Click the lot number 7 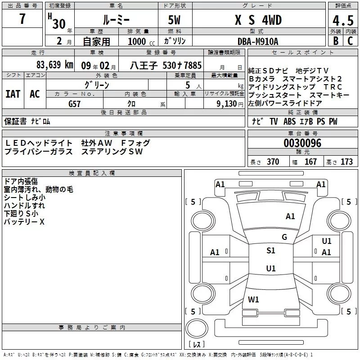[22, 19]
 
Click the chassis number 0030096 [302, 143]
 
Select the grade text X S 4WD [258, 21]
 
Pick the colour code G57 [75, 103]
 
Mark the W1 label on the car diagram [253, 299]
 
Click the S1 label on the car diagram [270, 251]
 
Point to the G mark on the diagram [284, 237]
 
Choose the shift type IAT [13, 94]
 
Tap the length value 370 [273, 162]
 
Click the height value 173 [346, 162]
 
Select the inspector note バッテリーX [24, 222]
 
